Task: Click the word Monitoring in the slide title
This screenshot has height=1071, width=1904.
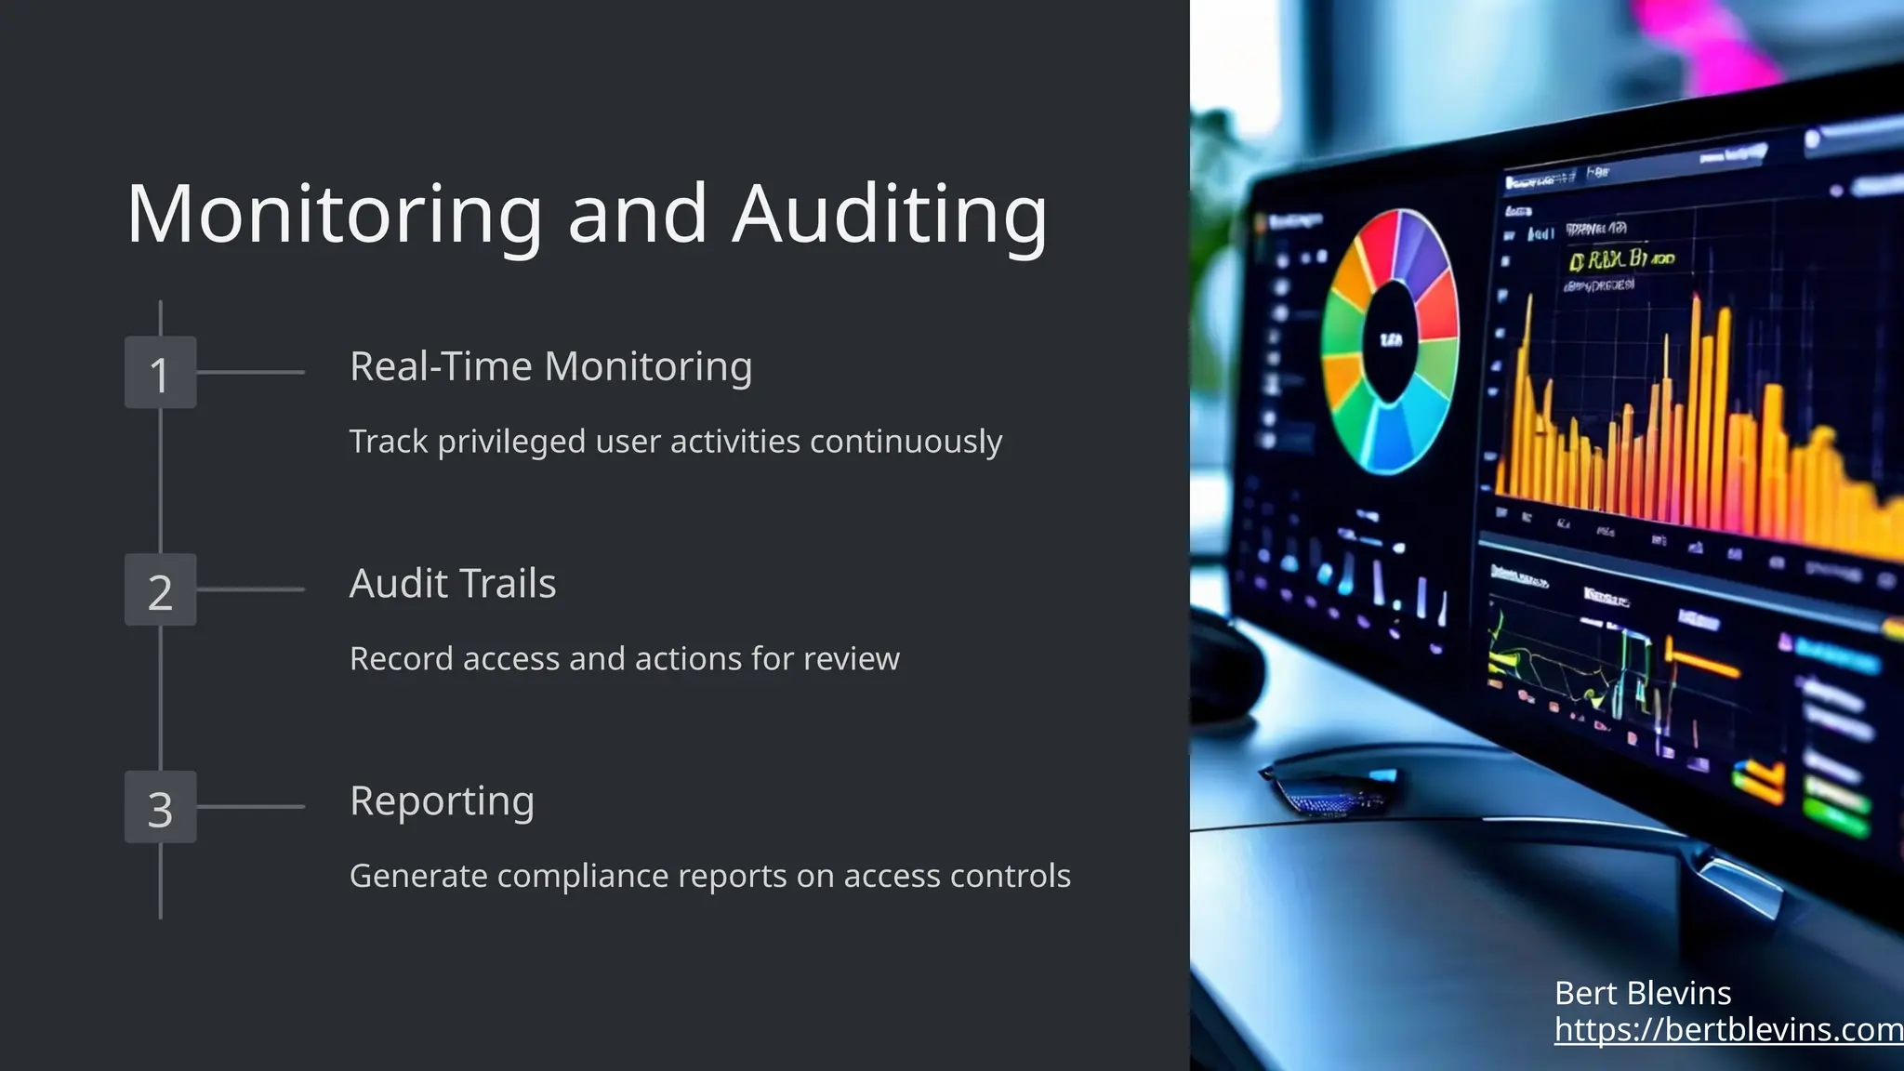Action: point(335,216)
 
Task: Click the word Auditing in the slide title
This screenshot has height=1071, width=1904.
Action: point(890,216)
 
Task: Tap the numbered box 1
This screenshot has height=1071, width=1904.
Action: point(161,373)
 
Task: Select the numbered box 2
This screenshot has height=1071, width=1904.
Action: point(161,590)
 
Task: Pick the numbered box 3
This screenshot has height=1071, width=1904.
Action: point(161,807)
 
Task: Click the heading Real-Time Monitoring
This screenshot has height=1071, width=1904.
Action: point(550,366)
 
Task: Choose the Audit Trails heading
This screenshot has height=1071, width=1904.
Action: point(453,584)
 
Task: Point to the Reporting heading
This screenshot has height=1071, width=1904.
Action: point(442,801)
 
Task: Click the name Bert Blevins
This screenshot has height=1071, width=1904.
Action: point(1643,993)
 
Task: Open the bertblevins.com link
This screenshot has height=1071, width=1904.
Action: point(1727,1029)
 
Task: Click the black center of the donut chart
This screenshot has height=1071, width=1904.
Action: point(1391,341)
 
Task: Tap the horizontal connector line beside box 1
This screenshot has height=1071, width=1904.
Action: point(251,373)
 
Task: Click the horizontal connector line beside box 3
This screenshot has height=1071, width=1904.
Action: point(251,807)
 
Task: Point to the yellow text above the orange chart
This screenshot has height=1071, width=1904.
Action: point(1622,259)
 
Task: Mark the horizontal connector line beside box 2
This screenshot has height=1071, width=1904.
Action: point(251,589)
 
